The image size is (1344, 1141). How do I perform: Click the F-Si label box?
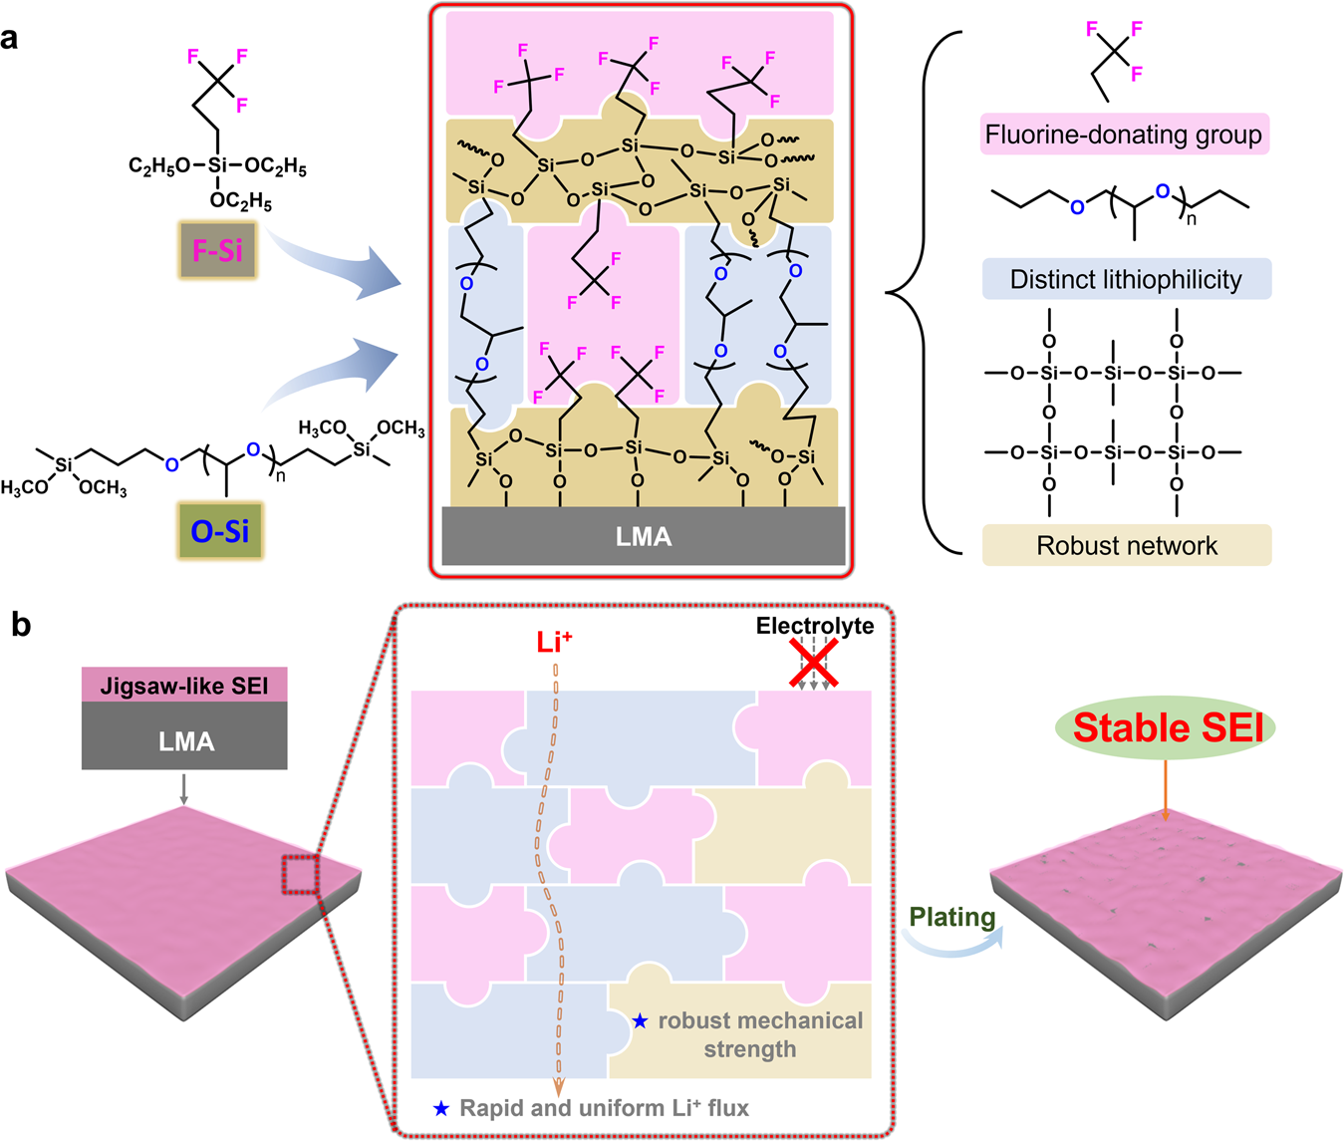click(217, 249)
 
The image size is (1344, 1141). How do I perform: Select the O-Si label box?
click(219, 530)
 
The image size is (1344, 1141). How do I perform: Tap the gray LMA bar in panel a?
click(643, 537)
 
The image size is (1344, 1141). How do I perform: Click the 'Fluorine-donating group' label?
click(1124, 135)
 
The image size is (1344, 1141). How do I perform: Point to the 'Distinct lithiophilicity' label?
click(1126, 279)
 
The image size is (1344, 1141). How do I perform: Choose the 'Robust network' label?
click(1126, 545)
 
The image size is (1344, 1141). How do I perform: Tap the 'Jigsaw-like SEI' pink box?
click(184, 686)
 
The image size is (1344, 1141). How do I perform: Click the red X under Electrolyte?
click(814, 663)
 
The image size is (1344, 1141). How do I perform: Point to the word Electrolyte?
click(814, 626)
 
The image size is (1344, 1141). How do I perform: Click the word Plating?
click(952, 917)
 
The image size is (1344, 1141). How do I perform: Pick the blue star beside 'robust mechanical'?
click(640, 1021)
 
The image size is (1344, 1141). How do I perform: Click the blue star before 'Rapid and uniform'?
click(441, 1108)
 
